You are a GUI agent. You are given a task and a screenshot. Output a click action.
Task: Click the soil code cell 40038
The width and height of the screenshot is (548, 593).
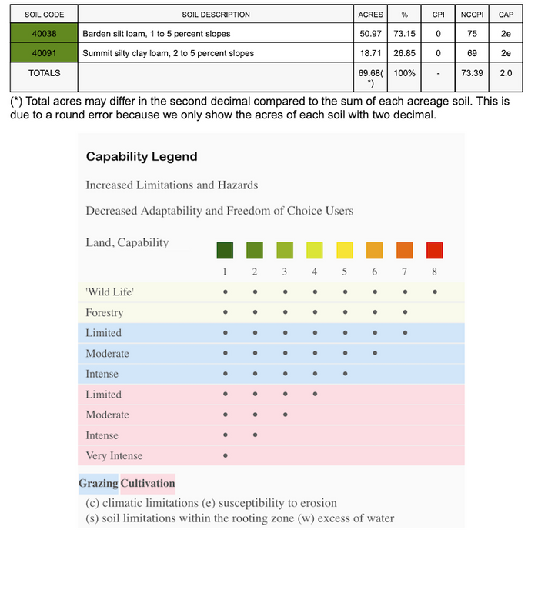click(x=44, y=34)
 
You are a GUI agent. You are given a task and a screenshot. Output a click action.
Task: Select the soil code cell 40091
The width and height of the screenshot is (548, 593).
click(x=44, y=53)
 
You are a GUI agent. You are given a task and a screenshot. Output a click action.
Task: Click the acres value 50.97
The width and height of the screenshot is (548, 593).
click(x=370, y=34)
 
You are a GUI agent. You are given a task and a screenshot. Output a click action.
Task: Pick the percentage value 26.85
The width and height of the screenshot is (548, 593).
click(x=404, y=53)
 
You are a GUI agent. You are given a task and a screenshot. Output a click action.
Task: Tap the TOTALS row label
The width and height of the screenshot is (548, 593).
click(x=44, y=73)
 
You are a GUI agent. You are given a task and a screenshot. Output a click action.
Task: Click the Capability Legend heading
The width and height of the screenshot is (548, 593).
click(x=142, y=157)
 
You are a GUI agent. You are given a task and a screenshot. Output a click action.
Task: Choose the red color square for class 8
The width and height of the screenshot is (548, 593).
click(x=435, y=251)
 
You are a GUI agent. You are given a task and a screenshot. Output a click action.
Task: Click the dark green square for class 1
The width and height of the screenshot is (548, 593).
click(x=225, y=251)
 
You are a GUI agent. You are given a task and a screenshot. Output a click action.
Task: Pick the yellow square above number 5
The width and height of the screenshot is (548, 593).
click(x=345, y=251)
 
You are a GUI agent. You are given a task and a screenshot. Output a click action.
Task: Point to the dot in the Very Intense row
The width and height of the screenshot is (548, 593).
click(x=225, y=455)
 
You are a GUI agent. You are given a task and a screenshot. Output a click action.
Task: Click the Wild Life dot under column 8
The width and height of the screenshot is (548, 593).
click(x=435, y=292)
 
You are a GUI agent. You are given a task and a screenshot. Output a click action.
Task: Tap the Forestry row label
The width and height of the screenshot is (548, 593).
click(x=104, y=313)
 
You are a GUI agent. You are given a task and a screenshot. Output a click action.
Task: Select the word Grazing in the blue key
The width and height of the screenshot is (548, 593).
click(x=99, y=484)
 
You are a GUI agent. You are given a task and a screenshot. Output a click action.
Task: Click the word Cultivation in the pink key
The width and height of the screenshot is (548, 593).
click(x=148, y=484)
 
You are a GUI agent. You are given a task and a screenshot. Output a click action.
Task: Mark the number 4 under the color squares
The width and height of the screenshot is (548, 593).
click(x=315, y=272)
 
